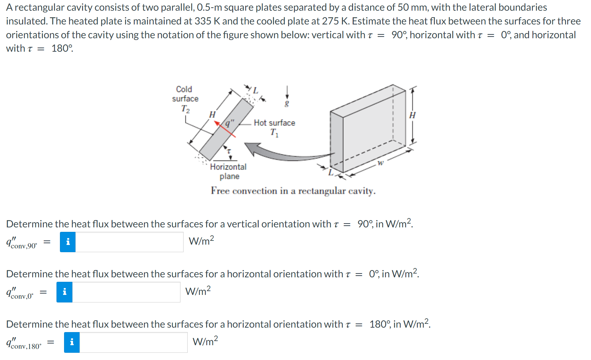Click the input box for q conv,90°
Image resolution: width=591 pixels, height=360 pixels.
click(129, 242)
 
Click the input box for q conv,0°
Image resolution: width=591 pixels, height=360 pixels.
click(126, 292)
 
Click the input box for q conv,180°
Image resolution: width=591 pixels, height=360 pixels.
click(133, 342)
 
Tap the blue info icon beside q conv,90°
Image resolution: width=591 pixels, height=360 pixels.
click(68, 242)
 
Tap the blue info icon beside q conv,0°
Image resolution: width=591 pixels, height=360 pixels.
click(64, 292)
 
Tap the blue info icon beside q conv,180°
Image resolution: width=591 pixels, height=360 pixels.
click(72, 342)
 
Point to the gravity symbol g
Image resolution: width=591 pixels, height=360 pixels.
click(287, 103)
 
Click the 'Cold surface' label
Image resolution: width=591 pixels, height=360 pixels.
click(185, 94)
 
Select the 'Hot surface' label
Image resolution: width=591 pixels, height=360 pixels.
click(274, 123)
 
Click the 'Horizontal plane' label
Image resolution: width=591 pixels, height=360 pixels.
click(228, 171)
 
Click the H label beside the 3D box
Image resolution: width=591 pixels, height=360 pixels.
click(412, 115)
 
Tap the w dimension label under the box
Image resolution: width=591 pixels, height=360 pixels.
click(380, 163)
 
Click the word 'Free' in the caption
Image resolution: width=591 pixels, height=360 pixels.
click(220, 191)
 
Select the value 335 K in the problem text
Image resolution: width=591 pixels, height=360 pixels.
click(207, 21)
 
